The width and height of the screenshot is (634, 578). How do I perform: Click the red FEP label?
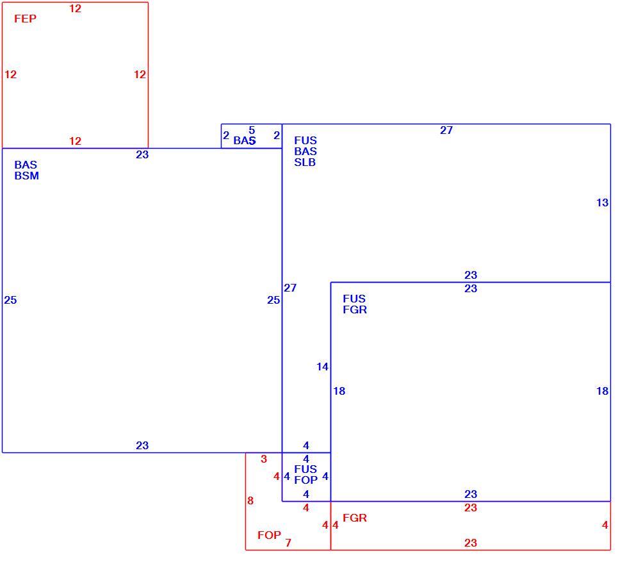point(25,19)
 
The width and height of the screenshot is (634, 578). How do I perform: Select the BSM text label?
point(27,176)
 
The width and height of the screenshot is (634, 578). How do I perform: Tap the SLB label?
point(305,162)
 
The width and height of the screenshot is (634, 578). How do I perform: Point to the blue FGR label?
point(355,310)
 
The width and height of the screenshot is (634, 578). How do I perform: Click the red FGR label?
point(355,518)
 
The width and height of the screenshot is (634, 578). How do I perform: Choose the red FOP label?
point(269,535)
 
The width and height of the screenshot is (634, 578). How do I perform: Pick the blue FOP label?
point(306,480)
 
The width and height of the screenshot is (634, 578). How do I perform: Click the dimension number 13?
point(603,203)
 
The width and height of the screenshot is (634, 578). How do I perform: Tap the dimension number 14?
point(322,367)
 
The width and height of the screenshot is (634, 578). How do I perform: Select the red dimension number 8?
point(250,500)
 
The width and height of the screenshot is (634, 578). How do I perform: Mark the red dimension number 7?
point(288,543)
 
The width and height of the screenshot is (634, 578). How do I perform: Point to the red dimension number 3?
point(264,459)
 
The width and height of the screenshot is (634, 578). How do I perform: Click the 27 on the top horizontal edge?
point(446,130)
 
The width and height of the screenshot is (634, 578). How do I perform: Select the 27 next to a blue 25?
point(290,288)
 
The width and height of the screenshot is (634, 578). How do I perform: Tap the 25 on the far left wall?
point(10,300)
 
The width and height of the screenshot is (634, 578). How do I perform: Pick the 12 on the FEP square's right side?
point(140,74)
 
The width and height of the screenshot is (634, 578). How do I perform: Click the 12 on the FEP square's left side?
point(10,74)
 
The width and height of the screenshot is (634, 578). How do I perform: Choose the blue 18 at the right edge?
point(603,391)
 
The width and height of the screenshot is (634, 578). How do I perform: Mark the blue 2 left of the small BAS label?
point(226,135)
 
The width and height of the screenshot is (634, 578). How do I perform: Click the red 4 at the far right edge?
point(605,525)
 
